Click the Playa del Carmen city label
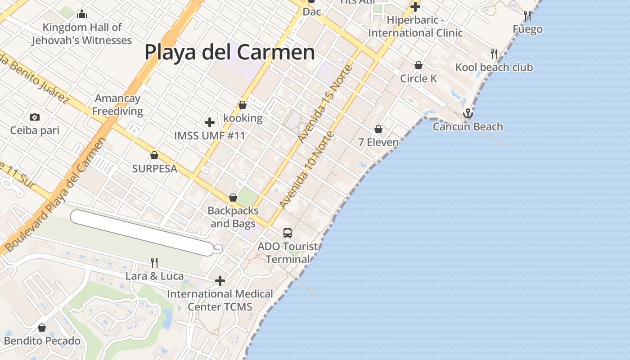coord(229,52)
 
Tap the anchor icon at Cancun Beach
coord(468,113)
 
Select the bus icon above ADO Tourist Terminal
coord(288,233)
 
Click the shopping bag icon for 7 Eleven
coord(378,130)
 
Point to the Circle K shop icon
coord(418,66)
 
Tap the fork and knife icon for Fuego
coord(527,16)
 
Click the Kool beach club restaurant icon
coord(494,54)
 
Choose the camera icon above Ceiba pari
coord(35,117)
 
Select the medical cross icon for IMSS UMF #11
coord(210,122)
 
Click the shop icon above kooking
coord(243,105)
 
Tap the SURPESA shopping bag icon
coord(154,156)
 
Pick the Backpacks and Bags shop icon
coord(233,198)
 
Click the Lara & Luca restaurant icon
coord(154,263)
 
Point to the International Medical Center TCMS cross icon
coord(220,281)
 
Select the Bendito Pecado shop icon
coord(42,328)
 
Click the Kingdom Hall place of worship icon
coord(82,14)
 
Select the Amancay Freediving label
coord(117,105)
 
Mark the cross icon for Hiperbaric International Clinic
coord(415,7)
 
